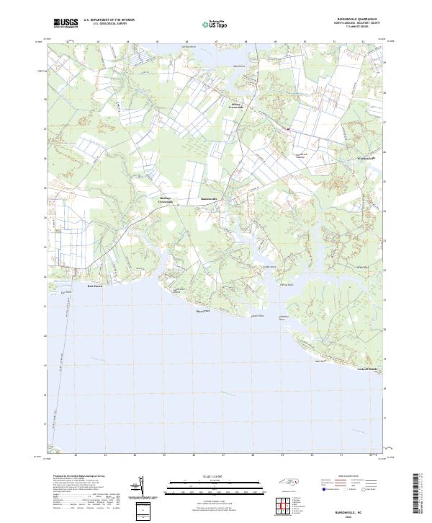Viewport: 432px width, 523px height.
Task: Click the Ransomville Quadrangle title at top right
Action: [x=355, y=20]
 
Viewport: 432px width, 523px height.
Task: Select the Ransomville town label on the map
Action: [x=208, y=198]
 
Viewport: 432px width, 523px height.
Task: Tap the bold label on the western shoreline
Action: [x=95, y=286]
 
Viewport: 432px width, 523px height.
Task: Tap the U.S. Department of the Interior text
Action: [x=109, y=20]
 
